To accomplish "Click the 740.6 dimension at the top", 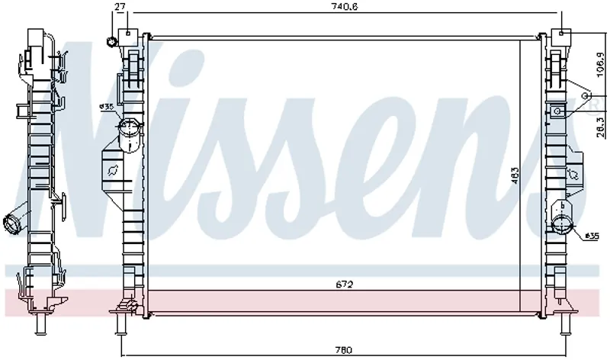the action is point(345,6).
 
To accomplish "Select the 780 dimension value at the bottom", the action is point(344,350).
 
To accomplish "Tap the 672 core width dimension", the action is point(345,284).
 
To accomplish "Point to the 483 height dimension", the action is point(515,175).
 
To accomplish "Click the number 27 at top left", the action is point(120,6).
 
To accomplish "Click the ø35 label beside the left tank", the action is point(106,106).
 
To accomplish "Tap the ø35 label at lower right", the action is point(592,236).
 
